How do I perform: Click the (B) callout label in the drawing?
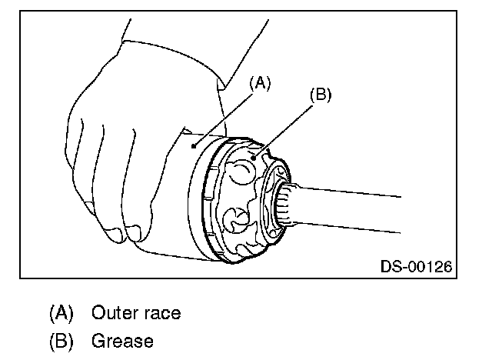[319, 96]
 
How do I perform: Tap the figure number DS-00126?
[416, 267]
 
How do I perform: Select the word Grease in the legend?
[122, 339]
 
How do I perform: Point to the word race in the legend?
[161, 313]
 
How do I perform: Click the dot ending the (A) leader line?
[195, 142]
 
